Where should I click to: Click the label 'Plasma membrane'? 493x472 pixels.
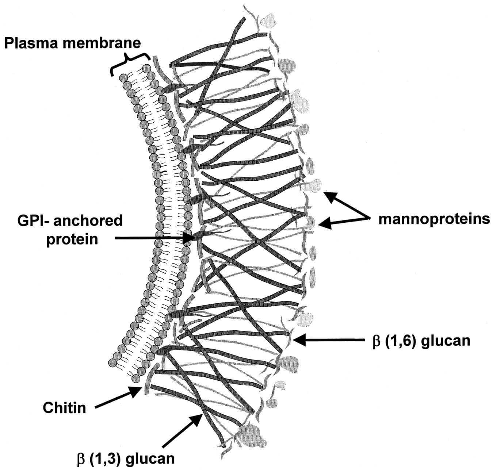(x=72, y=43)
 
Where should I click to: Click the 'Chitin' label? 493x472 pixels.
(x=64, y=407)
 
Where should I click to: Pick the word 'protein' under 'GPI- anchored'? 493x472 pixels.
(x=72, y=239)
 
